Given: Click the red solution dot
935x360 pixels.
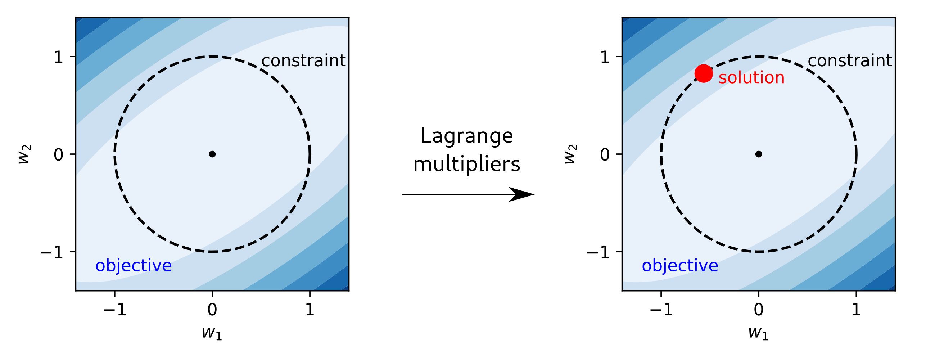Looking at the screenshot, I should pyautogui.click(x=704, y=74).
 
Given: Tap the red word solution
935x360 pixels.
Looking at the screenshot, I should pyautogui.click(x=751, y=78).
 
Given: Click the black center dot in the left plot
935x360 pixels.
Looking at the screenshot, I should pyautogui.click(x=212, y=154).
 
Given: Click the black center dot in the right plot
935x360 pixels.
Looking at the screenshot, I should pyautogui.click(x=759, y=154).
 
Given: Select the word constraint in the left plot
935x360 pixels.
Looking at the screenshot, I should pyautogui.click(x=303, y=60).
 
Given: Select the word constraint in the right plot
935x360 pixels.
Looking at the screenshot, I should pyautogui.click(x=850, y=60).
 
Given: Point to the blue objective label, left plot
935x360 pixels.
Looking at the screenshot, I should pyautogui.click(x=134, y=266).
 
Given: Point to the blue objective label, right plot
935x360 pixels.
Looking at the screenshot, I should pyautogui.click(x=680, y=266).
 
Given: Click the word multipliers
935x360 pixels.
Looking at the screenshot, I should pyautogui.click(x=466, y=165).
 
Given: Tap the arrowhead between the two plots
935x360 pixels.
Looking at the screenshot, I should pyautogui.click(x=523, y=194).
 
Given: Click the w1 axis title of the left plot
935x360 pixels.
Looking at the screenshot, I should pyautogui.click(x=212, y=332).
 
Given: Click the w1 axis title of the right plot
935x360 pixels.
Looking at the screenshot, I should pyautogui.click(x=758, y=332).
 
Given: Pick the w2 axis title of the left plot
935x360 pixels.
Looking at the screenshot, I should pyautogui.click(x=25, y=154).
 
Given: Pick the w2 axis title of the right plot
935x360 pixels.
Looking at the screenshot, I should pyautogui.click(x=571, y=154).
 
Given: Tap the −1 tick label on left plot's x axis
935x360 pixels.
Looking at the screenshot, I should pyautogui.click(x=115, y=310).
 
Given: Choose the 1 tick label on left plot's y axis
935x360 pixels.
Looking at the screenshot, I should pyautogui.click(x=59, y=57).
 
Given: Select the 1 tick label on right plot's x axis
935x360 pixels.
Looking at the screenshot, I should pyautogui.click(x=856, y=310).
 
